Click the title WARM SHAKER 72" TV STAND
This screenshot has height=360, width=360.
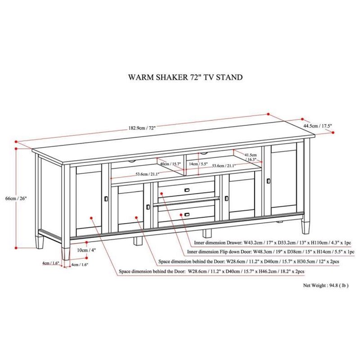click(185, 77)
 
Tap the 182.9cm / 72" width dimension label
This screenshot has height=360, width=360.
click(142, 128)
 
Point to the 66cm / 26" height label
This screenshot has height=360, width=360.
click(16, 198)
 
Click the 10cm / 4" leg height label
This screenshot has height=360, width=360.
click(86, 250)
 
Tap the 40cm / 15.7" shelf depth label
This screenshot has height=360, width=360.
click(171, 164)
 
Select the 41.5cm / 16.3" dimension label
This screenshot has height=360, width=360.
click(251, 157)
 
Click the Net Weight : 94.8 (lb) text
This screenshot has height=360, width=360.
click(326, 285)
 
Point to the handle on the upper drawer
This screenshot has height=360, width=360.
click(187, 190)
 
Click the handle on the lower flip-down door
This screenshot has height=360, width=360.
click(187, 215)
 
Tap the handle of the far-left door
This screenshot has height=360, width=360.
click(106, 198)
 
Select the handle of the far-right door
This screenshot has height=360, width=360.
click(268, 181)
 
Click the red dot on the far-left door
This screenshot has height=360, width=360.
click(91, 218)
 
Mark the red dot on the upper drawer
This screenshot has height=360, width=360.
click(162, 194)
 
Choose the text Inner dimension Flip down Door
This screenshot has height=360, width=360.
click(219, 252)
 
